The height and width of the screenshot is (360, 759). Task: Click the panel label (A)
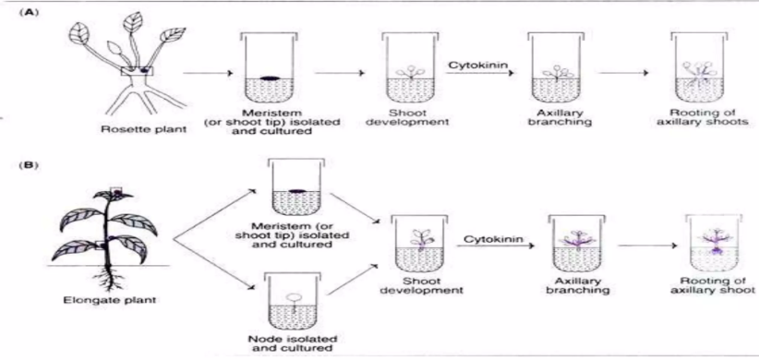click(26, 12)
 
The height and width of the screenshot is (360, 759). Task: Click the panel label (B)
click(26, 164)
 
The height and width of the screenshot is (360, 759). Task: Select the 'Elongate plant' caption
click(111, 299)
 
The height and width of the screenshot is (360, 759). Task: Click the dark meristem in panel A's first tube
click(270, 78)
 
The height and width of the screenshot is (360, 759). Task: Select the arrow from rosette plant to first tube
click(206, 74)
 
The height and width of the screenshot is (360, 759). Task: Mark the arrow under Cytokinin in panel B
click(496, 246)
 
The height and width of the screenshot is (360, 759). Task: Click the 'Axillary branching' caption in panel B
click(576, 285)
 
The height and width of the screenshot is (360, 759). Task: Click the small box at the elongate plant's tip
click(116, 191)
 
